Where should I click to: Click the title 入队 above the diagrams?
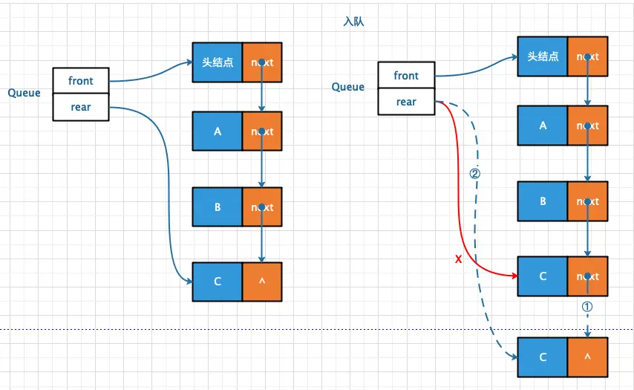353,22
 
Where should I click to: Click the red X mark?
458,259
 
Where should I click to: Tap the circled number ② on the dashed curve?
474,174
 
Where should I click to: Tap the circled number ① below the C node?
587,307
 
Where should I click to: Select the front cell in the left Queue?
81,81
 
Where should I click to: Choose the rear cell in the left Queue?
81,107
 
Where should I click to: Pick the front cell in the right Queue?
406,75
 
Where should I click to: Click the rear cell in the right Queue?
406,102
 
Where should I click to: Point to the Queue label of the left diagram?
24,93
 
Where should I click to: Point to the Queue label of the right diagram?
348,87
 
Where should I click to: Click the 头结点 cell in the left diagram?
218,62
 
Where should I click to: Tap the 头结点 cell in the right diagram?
543,56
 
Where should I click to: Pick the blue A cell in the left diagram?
218,131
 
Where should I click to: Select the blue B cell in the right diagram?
543,201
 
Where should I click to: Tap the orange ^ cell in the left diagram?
262,282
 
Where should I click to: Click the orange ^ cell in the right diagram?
587,357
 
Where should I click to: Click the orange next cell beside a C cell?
587,276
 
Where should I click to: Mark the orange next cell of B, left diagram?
262,207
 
